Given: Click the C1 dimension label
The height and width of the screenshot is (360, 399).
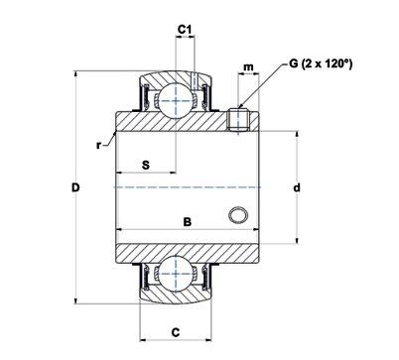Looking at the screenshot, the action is [x=185, y=30].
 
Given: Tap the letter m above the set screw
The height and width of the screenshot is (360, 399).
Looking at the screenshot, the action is [x=248, y=67].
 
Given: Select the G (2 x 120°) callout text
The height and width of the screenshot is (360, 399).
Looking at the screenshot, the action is [x=321, y=63].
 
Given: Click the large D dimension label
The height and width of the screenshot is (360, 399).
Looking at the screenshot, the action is [x=75, y=187].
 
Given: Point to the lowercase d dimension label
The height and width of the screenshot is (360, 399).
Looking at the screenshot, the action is [x=297, y=187].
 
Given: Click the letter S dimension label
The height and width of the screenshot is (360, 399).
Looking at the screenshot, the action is [x=146, y=165].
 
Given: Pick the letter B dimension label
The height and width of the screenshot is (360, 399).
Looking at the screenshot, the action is [x=188, y=222].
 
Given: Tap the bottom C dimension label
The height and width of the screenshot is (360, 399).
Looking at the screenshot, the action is [x=176, y=331].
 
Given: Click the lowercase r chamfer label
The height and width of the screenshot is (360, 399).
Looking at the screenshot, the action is [x=98, y=145].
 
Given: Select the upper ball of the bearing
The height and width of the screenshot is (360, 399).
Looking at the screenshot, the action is [x=176, y=100].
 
